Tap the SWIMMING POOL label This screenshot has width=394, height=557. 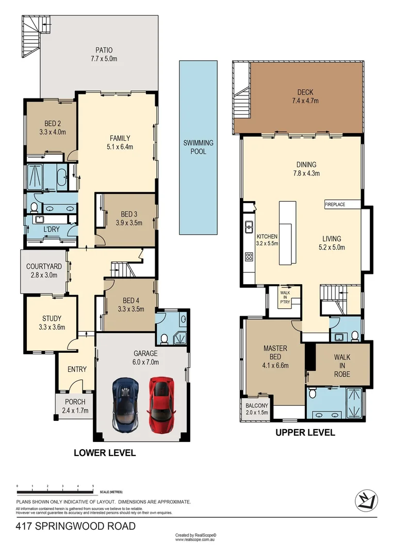(x=199, y=147)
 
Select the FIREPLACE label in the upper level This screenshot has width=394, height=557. (x=335, y=205)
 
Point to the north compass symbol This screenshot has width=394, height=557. (x=367, y=500)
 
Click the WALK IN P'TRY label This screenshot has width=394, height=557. (x=285, y=298)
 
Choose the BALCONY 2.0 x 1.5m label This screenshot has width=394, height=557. (x=256, y=408)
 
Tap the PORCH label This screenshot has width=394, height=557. (x=75, y=406)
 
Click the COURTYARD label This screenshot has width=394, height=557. (x=44, y=271)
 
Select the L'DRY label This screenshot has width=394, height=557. (x=50, y=228)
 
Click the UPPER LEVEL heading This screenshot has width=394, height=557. (x=305, y=433)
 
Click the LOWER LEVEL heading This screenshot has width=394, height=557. (x=105, y=453)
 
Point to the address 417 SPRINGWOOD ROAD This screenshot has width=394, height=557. (x=75, y=526)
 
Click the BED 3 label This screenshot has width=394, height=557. (x=128, y=218)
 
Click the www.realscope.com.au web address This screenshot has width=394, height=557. (x=195, y=540)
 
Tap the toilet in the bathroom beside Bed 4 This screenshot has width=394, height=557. (x=165, y=338)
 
